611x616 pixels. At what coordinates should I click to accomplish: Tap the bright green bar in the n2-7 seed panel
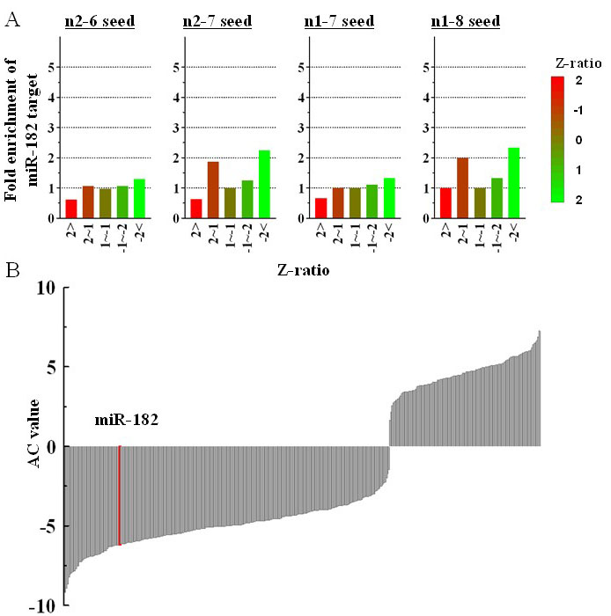tap(264, 184)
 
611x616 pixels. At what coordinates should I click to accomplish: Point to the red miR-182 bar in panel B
tap(120, 495)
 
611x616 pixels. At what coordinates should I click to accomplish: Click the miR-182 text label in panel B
tap(127, 421)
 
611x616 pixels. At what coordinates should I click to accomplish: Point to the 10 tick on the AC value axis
tap(46, 288)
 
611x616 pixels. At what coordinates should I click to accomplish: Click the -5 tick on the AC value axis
tap(46, 527)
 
